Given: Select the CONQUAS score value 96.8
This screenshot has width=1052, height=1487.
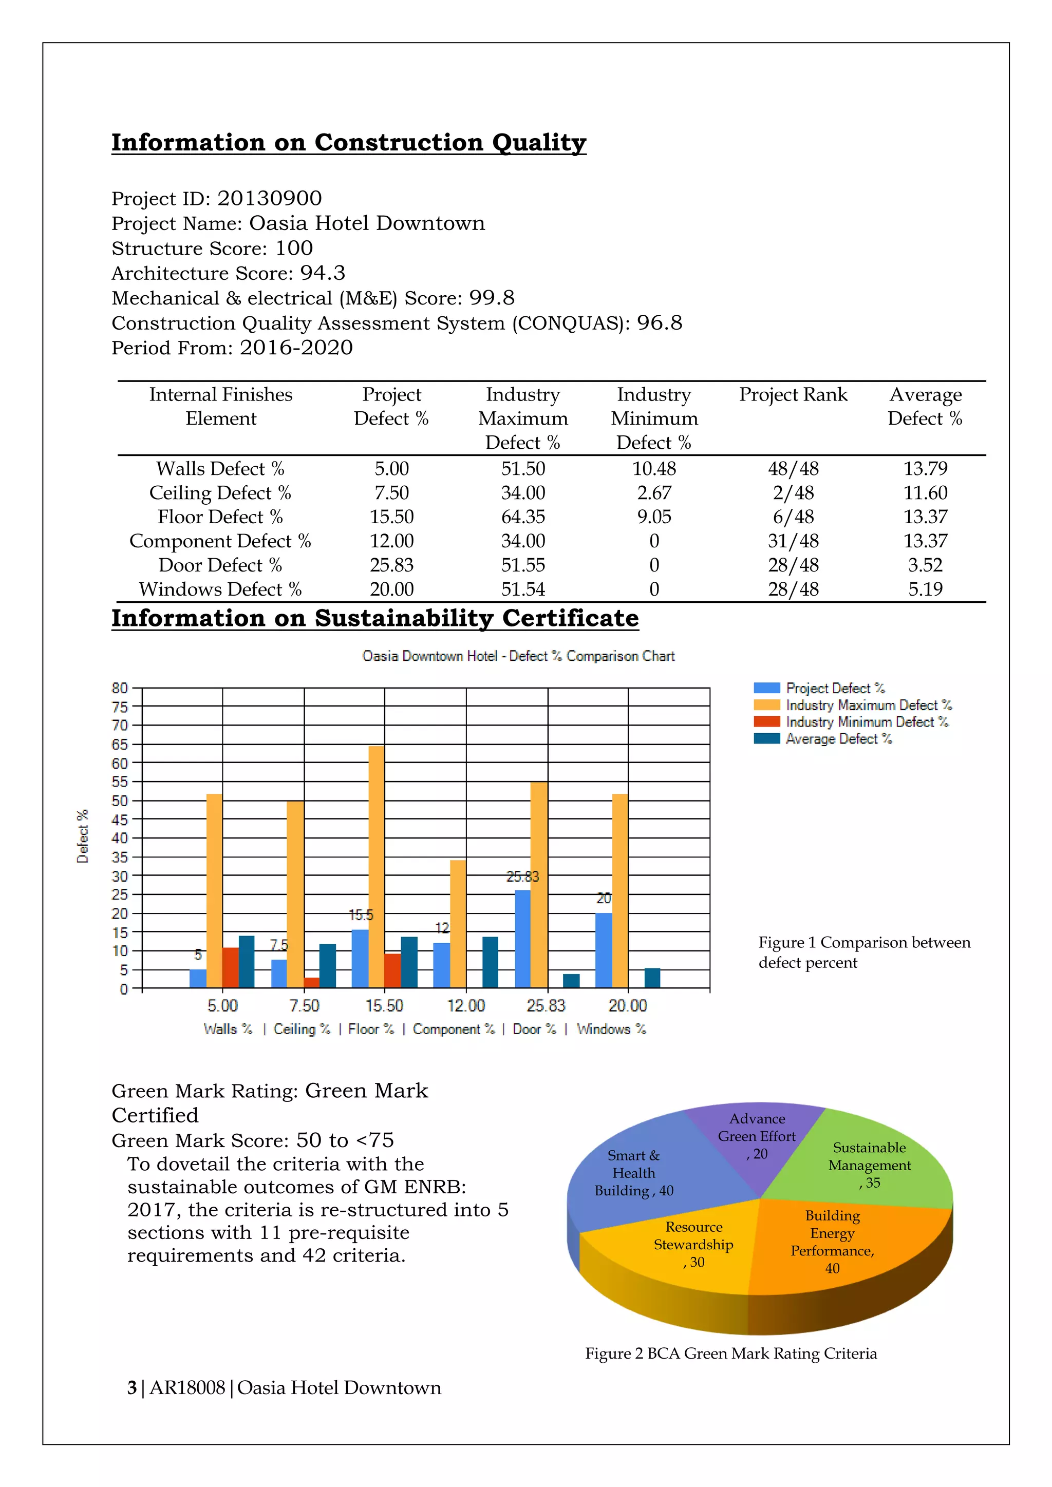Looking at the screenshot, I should pyautogui.click(x=659, y=322).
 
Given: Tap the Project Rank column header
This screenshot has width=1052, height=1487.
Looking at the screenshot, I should pyautogui.click(x=793, y=394).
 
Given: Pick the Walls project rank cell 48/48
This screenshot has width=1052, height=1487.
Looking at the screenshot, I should pyautogui.click(x=793, y=468).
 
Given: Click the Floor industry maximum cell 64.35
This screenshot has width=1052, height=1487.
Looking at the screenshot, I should pyautogui.click(x=523, y=517).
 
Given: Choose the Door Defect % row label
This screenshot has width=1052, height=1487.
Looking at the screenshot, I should pyautogui.click(x=220, y=565).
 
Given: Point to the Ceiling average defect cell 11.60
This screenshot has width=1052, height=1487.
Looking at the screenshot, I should pyautogui.click(x=925, y=493).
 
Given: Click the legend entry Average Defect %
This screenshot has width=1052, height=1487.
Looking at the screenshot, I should pyautogui.click(x=838, y=739).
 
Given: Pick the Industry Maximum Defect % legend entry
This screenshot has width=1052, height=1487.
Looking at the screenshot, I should pyautogui.click(x=868, y=706).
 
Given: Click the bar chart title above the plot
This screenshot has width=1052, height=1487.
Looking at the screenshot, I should pyautogui.click(x=518, y=656).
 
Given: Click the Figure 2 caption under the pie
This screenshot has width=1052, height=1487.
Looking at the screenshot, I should pyautogui.click(x=731, y=1353).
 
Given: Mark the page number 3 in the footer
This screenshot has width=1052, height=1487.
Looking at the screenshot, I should pyautogui.click(x=132, y=1388).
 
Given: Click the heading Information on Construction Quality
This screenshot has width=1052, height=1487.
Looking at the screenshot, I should pyautogui.click(x=348, y=142).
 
